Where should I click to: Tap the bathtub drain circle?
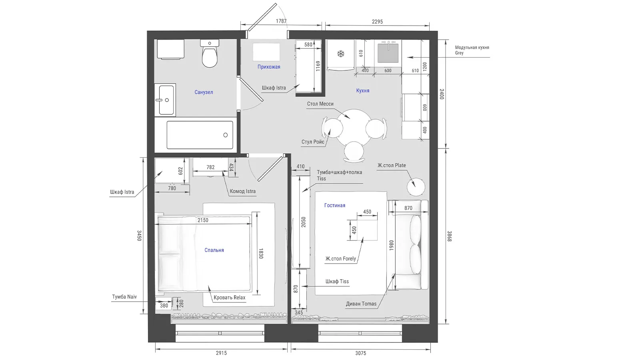(x=226, y=135)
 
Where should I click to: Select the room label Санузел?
(x=204, y=92)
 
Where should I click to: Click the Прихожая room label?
(x=269, y=67)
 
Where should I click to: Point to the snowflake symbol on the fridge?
(x=340, y=54)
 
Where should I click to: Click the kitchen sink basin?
(x=388, y=53)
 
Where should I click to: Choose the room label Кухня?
(x=363, y=90)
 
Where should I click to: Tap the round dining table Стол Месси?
(x=354, y=128)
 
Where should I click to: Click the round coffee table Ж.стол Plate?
(x=416, y=187)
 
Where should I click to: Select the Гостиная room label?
(x=335, y=206)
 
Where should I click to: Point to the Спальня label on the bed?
(x=214, y=250)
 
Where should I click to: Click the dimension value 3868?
(x=450, y=236)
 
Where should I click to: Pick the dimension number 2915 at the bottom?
(x=222, y=353)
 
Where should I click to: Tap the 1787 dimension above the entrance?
(x=281, y=21)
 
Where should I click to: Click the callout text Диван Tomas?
(x=361, y=304)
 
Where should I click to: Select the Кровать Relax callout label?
(x=230, y=298)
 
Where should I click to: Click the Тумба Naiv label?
(x=124, y=297)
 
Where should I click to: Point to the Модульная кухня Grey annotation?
(x=472, y=50)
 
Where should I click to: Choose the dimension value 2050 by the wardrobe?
(x=304, y=222)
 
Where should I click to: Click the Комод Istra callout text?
(x=242, y=192)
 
